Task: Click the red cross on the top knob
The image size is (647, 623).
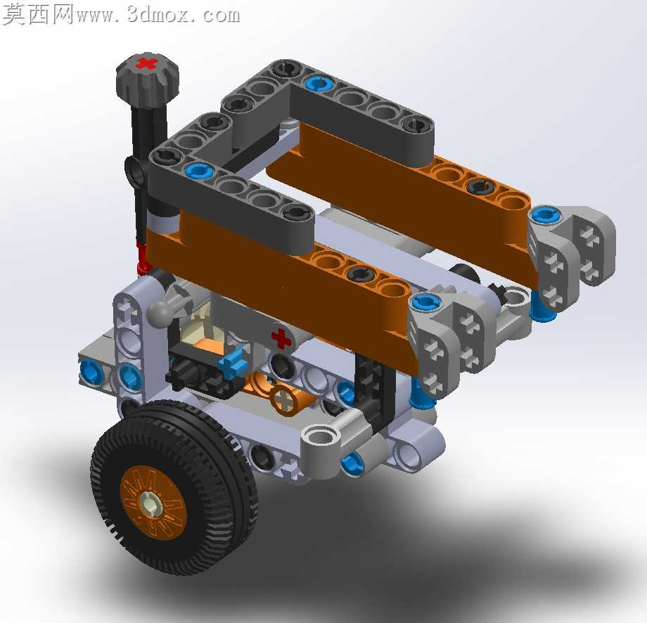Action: pos(147,64)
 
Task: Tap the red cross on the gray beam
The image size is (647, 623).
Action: pos(281,338)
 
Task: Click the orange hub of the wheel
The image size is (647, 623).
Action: pos(153,502)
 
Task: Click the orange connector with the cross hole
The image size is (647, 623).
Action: pos(290,399)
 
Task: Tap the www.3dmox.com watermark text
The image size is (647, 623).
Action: pos(158,15)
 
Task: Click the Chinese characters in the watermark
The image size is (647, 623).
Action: pos(38,15)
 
